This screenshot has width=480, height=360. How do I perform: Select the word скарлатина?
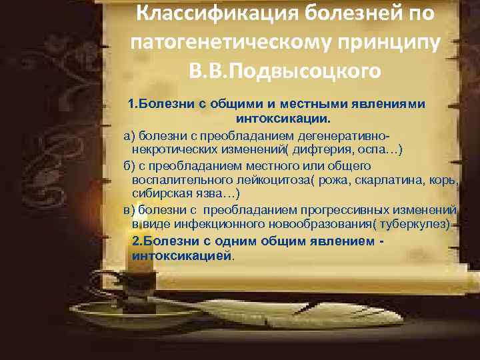[382, 180]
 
